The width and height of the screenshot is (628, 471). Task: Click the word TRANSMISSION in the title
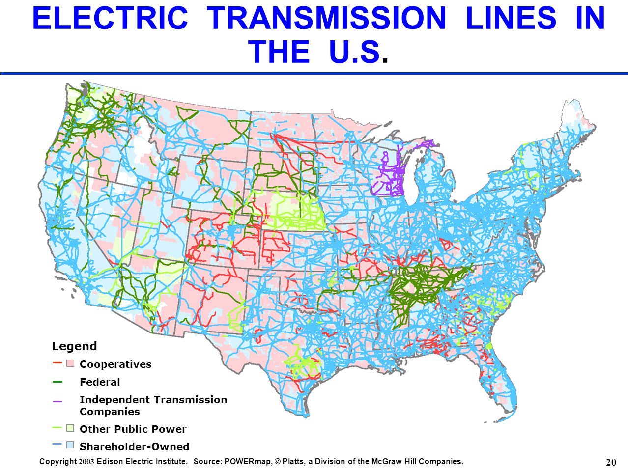(x=326, y=19)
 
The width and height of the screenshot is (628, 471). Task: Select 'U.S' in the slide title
(x=354, y=52)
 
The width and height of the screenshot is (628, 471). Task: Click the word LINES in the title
(x=511, y=19)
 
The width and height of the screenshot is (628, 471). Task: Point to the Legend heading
(x=74, y=346)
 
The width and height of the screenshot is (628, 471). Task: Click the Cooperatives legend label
(x=115, y=364)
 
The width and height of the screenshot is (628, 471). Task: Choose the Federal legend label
(x=100, y=382)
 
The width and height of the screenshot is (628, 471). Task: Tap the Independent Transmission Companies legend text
(x=153, y=406)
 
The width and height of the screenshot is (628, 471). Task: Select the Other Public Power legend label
(x=133, y=429)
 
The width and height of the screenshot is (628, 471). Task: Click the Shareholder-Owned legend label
(x=134, y=447)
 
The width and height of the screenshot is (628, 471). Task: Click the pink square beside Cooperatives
(x=70, y=364)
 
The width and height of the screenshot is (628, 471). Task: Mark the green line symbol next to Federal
(x=57, y=382)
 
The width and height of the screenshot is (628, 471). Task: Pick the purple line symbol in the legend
(x=57, y=401)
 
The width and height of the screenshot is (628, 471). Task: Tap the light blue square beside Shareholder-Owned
(x=70, y=445)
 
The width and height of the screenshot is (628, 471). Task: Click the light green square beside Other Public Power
(x=70, y=428)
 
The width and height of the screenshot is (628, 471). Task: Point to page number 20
(x=611, y=462)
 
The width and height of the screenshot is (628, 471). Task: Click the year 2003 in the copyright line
(x=86, y=462)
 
